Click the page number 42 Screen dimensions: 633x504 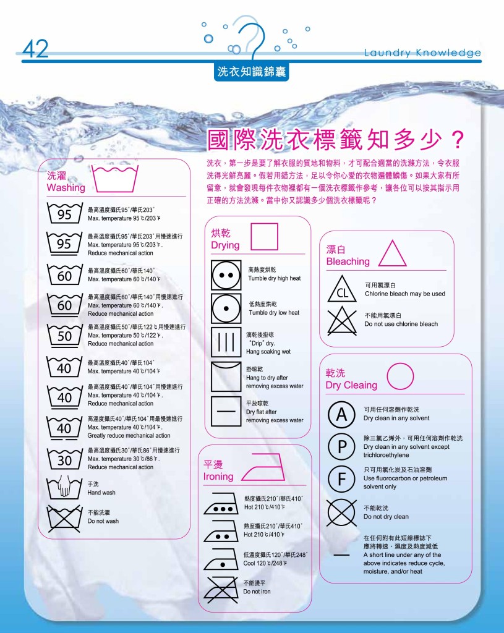(x=35, y=49)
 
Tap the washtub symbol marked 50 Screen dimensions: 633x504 (x=65, y=336)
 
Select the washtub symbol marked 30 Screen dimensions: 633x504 (x=65, y=459)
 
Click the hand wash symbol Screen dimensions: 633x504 (x=65, y=486)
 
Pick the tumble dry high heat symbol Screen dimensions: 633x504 (x=226, y=274)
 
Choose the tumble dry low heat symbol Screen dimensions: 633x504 (x=226, y=307)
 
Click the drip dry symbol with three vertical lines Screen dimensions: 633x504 (x=226, y=342)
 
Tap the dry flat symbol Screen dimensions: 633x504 (x=226, y=410)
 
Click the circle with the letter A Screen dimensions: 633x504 (x=341, y=415)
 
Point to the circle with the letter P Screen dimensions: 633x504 (x=341, y=447)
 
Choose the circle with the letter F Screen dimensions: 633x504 (x=341, y=478)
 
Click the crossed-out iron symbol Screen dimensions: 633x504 (x=222, y=588)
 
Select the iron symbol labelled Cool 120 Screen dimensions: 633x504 (x=222, y=559)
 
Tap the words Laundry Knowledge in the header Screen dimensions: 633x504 (x=422, y=53)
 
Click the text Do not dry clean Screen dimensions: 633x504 (x=386, y=517)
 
